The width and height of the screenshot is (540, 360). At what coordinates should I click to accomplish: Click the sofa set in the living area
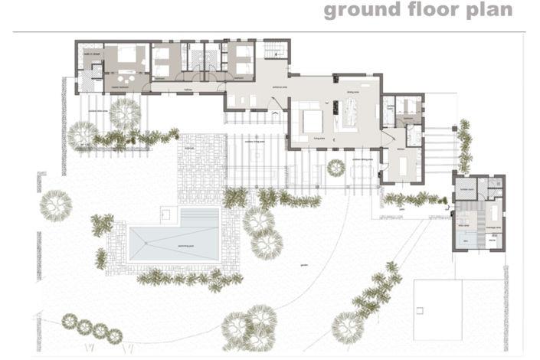coord(309,120)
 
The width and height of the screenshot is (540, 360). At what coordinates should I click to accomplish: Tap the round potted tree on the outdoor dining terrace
coord(335,167)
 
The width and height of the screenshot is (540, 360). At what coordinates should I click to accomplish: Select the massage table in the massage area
coord(492,211)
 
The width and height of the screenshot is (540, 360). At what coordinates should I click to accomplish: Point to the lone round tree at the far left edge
coord(56,205)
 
